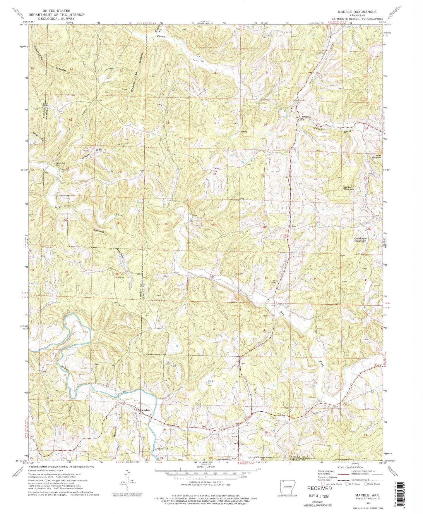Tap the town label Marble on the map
[145, 410]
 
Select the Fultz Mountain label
[376, 156]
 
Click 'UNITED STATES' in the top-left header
[56, 11]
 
